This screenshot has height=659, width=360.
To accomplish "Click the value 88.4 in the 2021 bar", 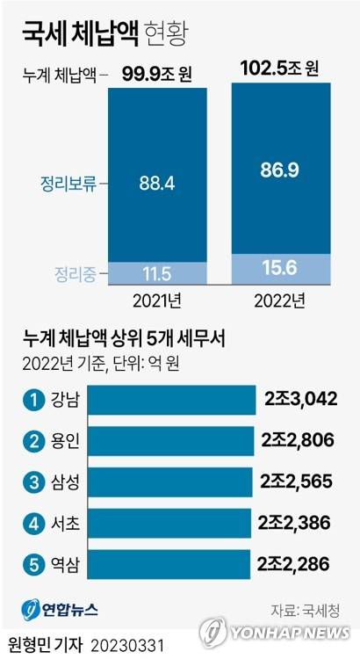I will [156, 184].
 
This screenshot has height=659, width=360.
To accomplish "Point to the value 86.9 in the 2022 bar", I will [281, 171].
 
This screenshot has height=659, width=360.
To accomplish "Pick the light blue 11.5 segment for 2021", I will [156, 273].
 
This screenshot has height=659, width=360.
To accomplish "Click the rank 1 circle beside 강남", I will [33, 400].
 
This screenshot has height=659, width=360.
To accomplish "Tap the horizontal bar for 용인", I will [171, 440].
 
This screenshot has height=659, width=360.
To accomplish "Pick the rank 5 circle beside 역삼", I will [33, 563].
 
